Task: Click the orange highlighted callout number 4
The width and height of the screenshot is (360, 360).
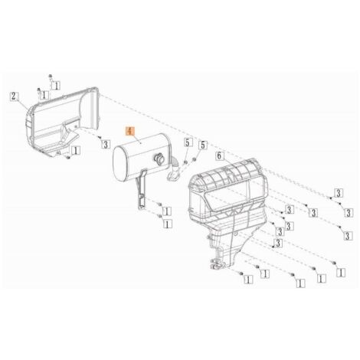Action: click(129, 131)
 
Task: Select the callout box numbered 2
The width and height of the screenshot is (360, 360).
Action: click(15, 97)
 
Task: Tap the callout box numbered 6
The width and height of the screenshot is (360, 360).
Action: click(219, 155)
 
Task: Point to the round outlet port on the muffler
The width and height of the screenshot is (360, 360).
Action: click(159, 159)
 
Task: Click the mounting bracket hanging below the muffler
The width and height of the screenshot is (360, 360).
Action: click(141, 190)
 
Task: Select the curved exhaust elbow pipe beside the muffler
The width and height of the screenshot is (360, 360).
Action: click(174, 170)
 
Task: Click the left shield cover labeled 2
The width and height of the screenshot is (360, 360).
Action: click(62, 121)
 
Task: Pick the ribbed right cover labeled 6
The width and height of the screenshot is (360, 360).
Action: click(227, 208)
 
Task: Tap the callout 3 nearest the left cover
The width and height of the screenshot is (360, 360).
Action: click(106, 145)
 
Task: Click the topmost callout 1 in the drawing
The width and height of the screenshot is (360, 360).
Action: click(56, 86)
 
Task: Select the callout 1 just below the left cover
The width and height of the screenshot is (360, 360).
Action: click(76, 150)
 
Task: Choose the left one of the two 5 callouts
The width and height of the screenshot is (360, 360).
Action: click(188, 143)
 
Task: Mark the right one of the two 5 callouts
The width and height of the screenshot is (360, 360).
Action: click(203, 146)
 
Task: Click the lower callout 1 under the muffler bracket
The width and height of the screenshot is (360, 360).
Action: click(167, 224)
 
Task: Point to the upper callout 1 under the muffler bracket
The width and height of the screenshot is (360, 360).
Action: click(167, 211)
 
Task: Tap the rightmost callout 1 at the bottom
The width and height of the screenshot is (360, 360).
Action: click(341, 273)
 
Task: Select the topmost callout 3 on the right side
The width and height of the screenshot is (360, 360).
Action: click(339, 193)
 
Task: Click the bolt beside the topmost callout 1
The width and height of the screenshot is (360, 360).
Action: click(51, 77)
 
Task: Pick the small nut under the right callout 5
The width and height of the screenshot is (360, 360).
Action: click(194, 160)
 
